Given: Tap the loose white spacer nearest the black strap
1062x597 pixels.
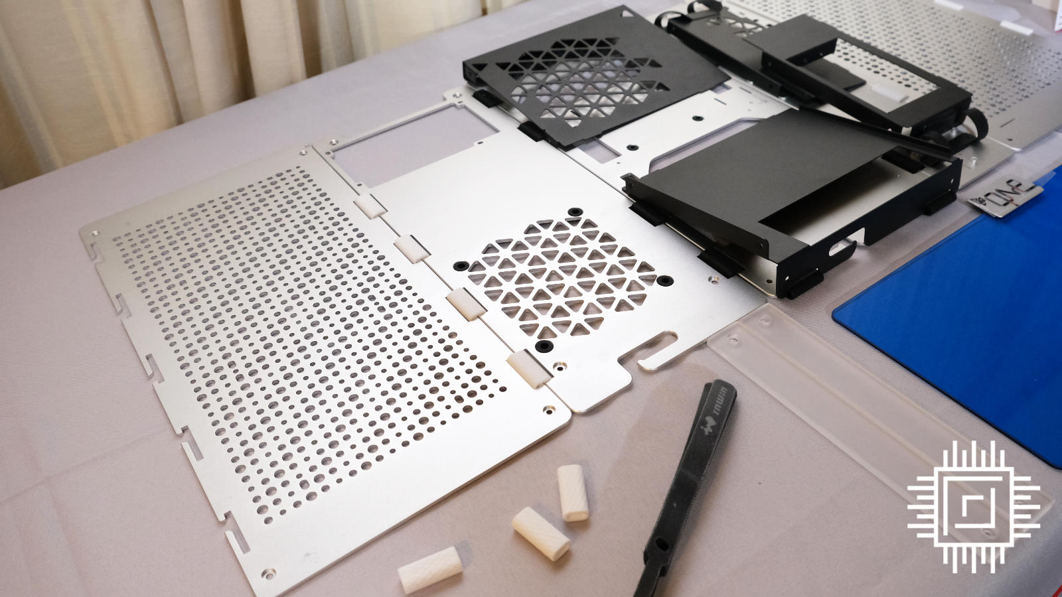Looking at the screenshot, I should point(569,492).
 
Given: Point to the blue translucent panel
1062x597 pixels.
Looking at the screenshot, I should point(956,285).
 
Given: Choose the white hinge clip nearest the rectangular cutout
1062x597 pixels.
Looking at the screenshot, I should point(369,205).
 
